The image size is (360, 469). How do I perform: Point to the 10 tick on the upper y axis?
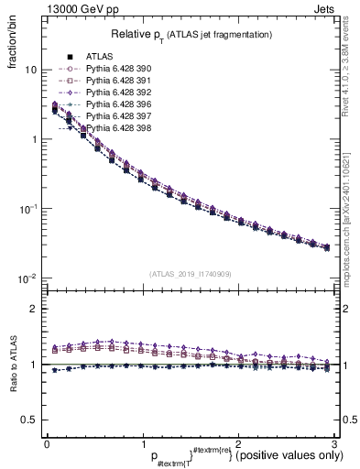pyautogui.click(x=30, y=71)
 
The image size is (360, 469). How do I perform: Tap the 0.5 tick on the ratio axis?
pyautogui.click(x=28, y=420)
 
